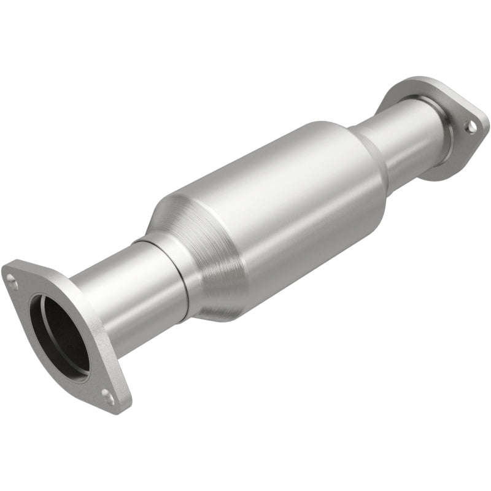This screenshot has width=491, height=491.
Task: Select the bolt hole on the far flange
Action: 470,126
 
